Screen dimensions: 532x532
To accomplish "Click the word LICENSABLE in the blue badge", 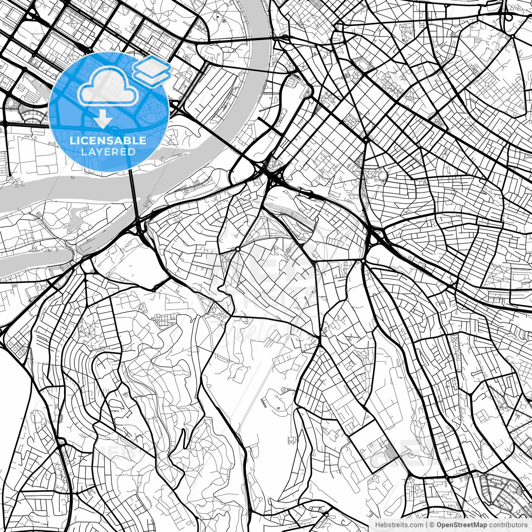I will point(108,140).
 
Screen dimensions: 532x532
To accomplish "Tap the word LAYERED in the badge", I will point(108,152).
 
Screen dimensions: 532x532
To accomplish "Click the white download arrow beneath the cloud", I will point(102,120).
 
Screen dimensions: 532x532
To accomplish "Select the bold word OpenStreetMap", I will point(461,525).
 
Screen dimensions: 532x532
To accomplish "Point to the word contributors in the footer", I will point(507,525).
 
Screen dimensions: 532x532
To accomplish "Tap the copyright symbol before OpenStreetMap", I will point(432,525).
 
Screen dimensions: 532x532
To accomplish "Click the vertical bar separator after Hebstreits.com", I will point(426,525).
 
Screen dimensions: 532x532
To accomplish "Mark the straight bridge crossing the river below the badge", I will point(133,193).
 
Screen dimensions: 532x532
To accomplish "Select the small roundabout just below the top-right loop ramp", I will point(513,37).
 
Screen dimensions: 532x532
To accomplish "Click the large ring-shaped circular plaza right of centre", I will point(382,175).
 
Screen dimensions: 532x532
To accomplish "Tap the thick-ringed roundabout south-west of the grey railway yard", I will point(237,249).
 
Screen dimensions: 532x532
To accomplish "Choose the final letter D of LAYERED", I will point(132,152).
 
